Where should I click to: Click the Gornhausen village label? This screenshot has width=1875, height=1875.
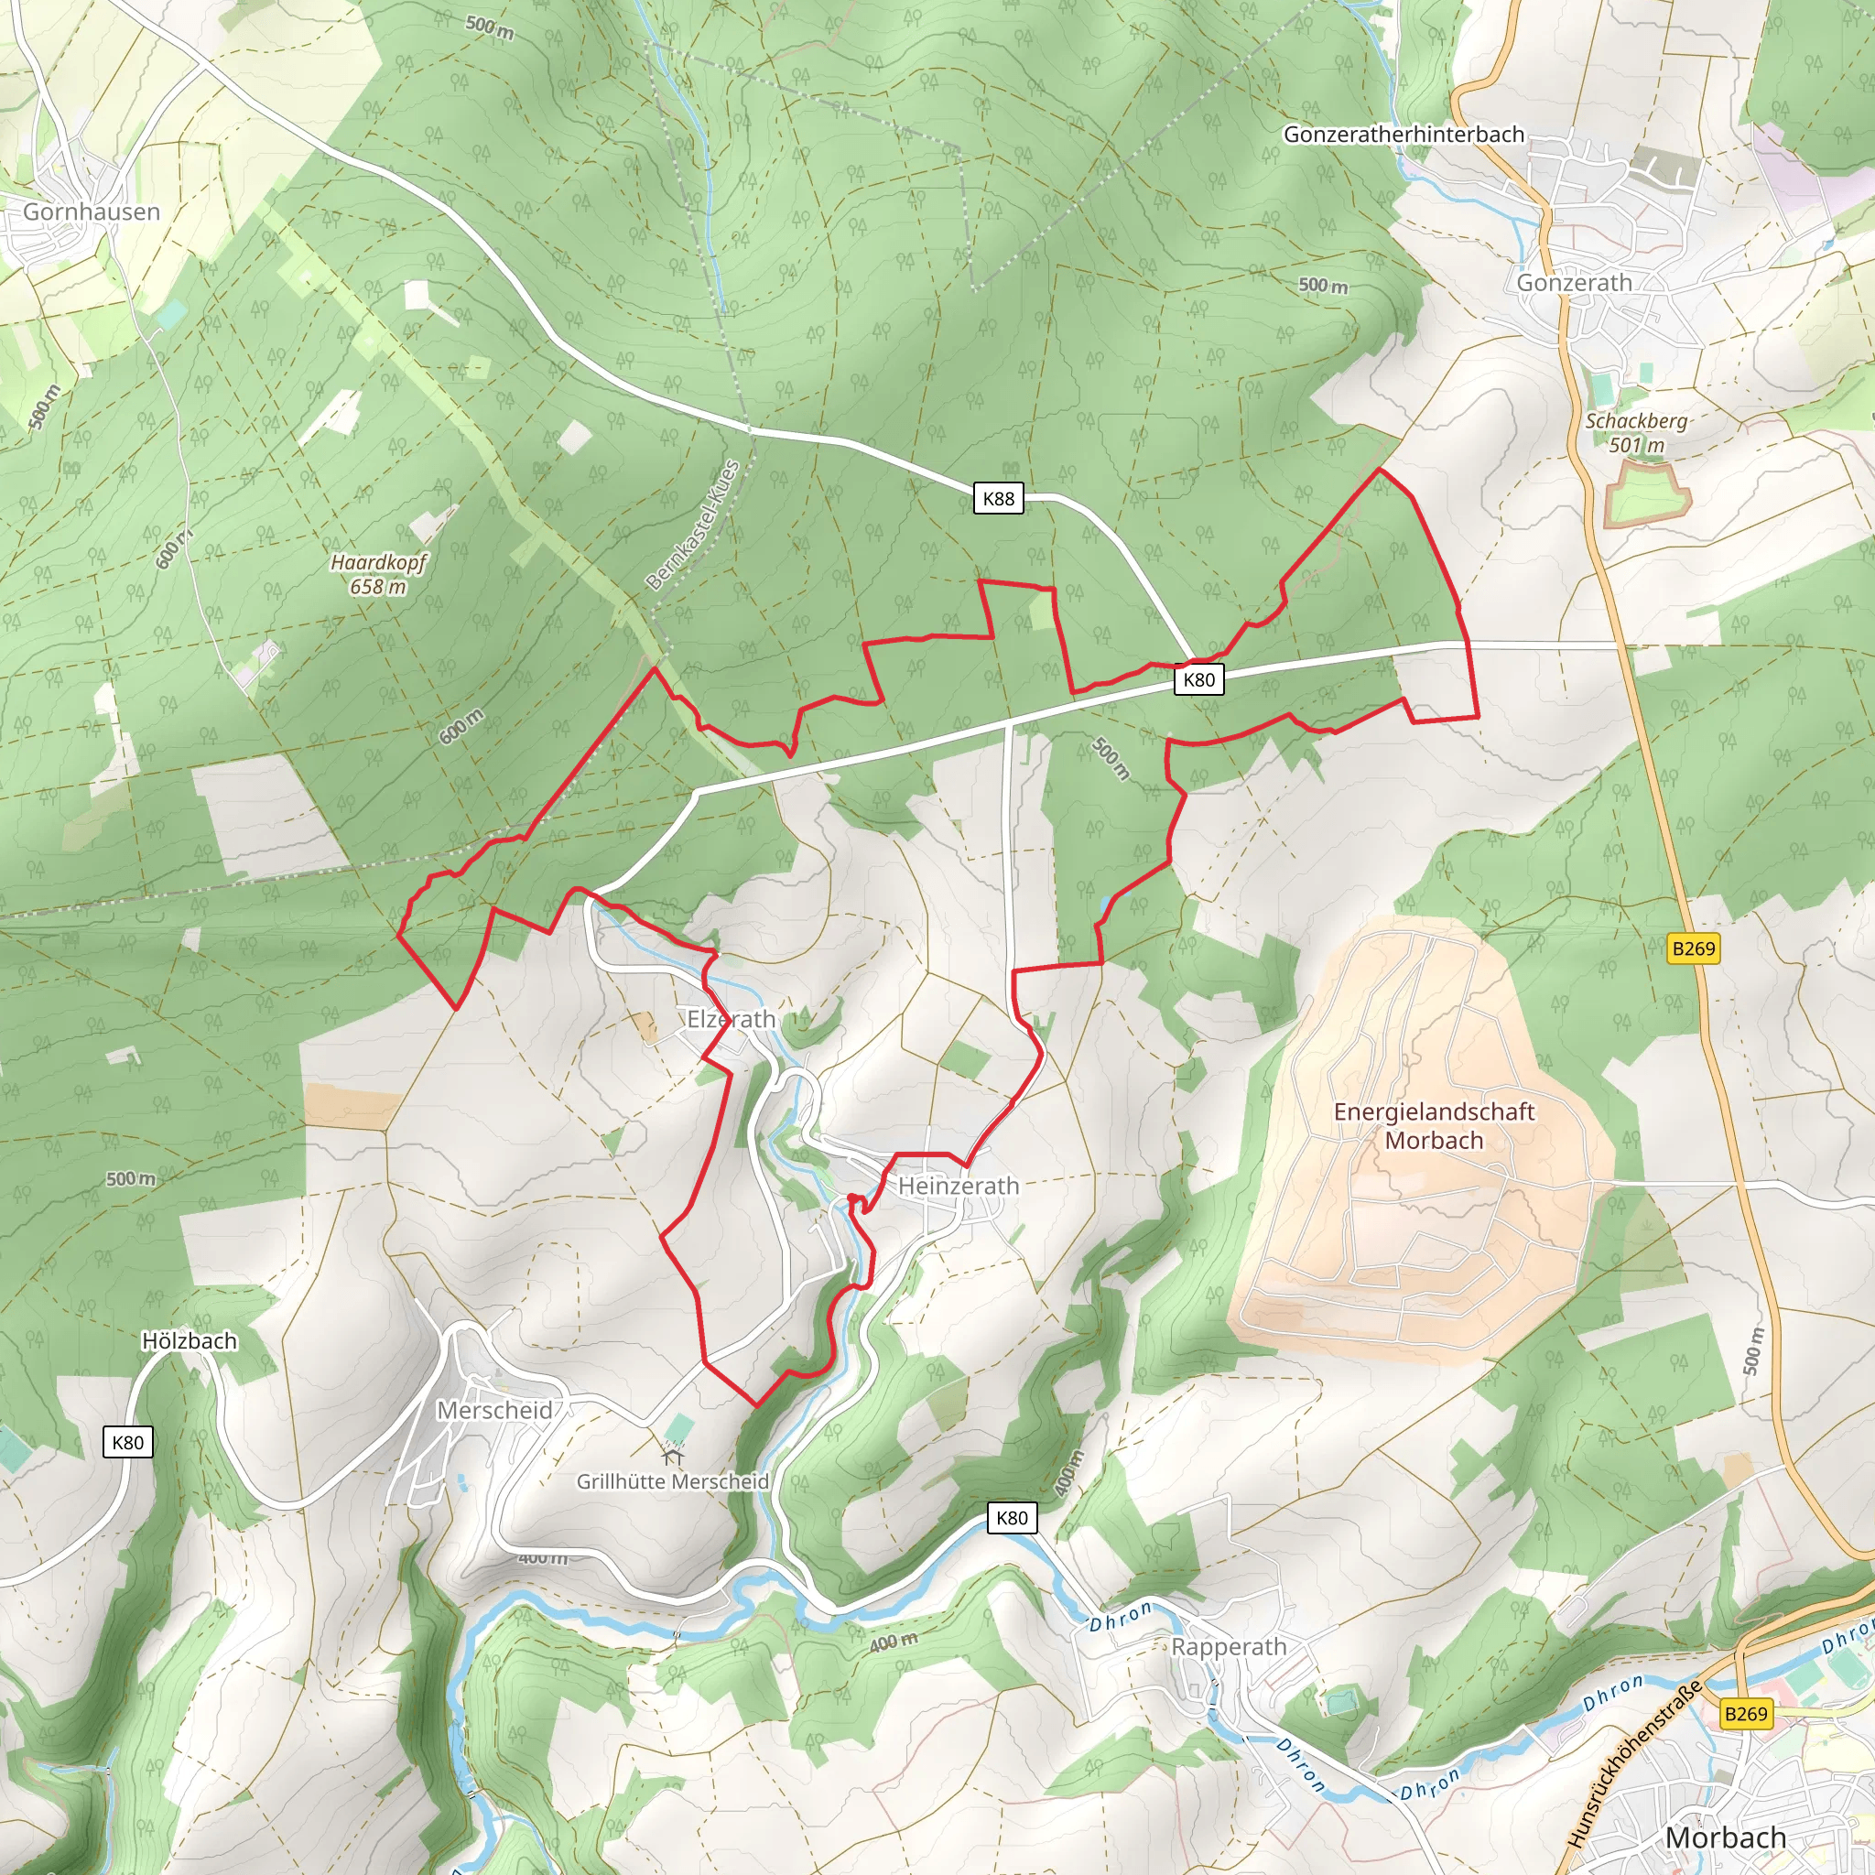point(92,211)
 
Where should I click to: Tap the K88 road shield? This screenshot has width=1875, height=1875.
point(998,499)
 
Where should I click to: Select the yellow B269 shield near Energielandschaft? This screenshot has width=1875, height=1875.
point(1694,948)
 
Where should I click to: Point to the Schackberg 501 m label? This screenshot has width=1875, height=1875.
point(1636,433)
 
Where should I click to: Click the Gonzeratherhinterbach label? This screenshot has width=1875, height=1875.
point(1404,135)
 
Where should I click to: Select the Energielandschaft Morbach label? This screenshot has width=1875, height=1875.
point(1434,1126)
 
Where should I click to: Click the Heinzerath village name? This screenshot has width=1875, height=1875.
point(958,1186)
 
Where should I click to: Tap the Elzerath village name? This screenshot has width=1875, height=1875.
point(731,1019)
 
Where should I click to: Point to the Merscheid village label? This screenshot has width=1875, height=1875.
point(494,1410)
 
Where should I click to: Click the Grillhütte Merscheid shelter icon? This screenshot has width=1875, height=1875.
point(673,1456)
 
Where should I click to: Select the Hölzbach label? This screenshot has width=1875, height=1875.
point(190,1341)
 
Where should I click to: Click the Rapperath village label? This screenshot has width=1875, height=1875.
point(1229,1647)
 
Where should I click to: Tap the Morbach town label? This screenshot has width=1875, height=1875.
point(1725,1837)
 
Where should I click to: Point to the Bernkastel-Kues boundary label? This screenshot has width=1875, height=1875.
point(693,525)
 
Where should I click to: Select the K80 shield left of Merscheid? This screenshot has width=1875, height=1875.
point(128,1442)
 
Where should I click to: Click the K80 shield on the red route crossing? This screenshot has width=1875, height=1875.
point(1198,679)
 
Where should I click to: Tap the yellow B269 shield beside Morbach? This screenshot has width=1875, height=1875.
point(1746,1714)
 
